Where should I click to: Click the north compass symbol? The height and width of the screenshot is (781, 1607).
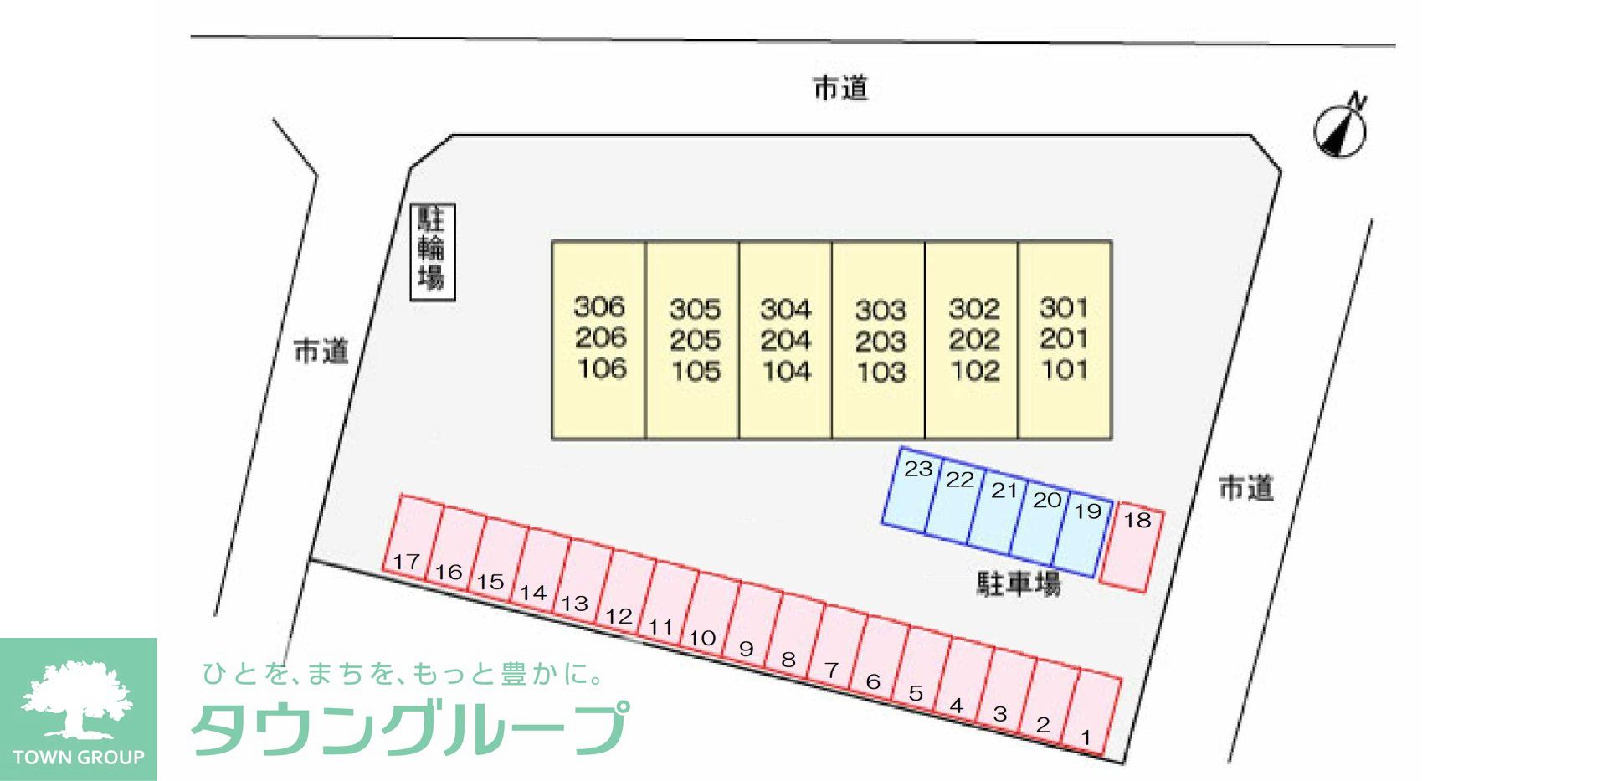point(1341,128)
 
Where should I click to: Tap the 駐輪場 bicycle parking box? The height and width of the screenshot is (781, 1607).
point(432,251)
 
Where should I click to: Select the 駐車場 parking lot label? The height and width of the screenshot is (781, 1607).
point(1019,583)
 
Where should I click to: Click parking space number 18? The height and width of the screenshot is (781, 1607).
point(1132,547)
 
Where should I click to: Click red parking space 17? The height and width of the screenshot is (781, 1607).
point(412,535)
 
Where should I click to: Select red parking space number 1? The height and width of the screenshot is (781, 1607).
point(1091,712)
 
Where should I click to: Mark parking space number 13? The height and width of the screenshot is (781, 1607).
point(583,579)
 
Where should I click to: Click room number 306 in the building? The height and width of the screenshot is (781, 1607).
point(599,306)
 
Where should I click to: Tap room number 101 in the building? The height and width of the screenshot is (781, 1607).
point(1065,369)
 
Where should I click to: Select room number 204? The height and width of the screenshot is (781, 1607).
point(786,340)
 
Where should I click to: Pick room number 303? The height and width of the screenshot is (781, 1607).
point(881,311)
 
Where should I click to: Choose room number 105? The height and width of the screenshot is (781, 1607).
point(696,371)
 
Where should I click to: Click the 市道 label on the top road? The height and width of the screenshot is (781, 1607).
point(841,88)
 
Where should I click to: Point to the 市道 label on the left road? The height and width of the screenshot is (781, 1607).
point(321,351)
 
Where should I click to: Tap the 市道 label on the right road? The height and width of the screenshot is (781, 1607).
point(1246,487)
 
